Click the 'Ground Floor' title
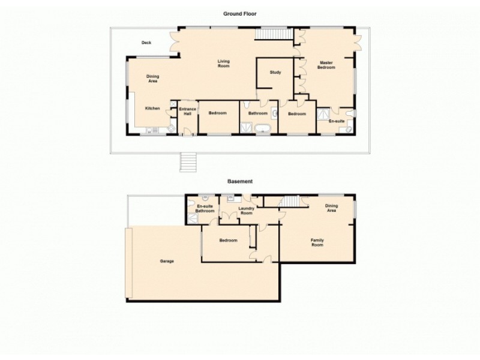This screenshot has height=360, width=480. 239,14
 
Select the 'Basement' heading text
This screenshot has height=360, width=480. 239,181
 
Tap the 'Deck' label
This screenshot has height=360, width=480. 146,43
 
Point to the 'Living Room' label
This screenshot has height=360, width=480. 224,63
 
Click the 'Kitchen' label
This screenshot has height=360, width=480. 152,108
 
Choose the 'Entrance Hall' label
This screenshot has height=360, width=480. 188,111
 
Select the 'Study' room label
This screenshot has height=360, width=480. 275,73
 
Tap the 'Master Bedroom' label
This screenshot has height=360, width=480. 326,65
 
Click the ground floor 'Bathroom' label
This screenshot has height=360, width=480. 258,113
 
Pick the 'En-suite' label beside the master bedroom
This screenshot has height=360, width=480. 336,121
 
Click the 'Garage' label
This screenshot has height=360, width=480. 167,262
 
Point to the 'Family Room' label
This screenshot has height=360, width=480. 317,242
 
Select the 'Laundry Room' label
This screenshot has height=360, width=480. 246,211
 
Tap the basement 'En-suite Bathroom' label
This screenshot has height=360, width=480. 205,208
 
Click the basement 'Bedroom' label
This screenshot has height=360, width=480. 228,241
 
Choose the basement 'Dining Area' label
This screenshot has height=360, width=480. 331,208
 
